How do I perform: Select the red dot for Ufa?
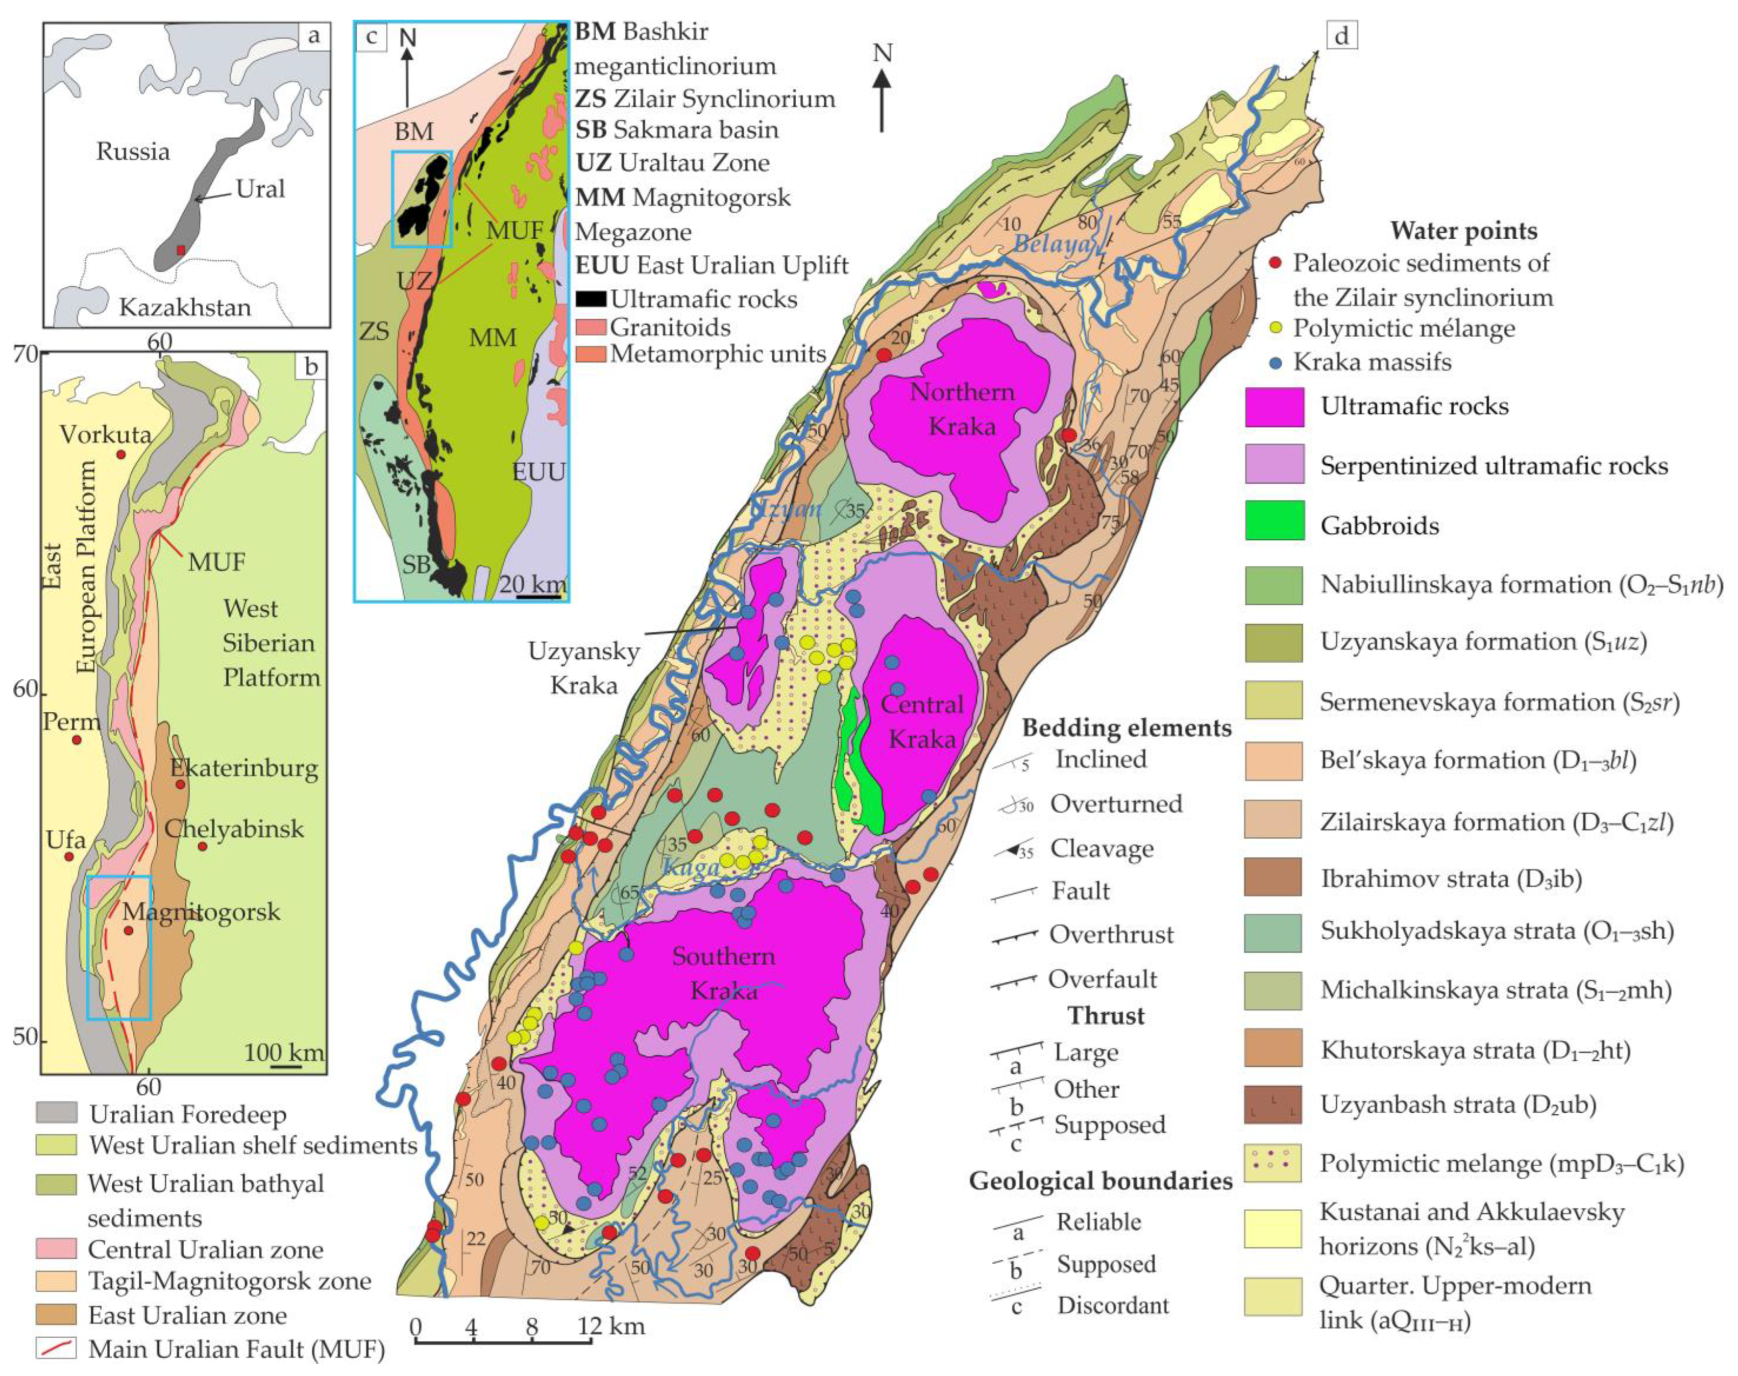pyautogui.click(x=69, y=856)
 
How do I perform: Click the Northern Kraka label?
pyautogui.click(x=962, y=408)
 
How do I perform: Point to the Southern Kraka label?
pyautogui.click(x=723, y=973)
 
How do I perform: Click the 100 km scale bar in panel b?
pyautogui.click(x=286, y=1068)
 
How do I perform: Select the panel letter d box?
pyautogui.click(x=1342, y=35)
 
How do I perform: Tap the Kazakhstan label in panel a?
pyautogui.click(x=184, y=307)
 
